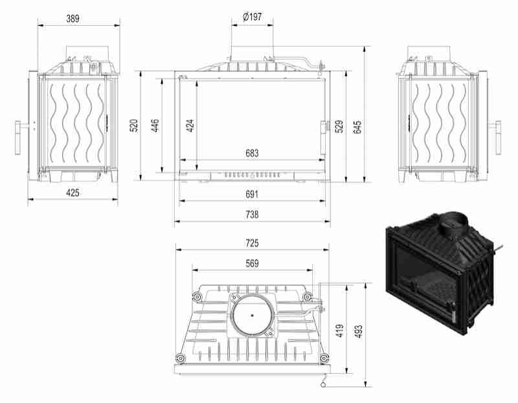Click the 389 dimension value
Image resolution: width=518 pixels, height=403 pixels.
tap(73, 18)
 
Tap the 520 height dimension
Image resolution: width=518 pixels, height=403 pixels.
tap(134, 125)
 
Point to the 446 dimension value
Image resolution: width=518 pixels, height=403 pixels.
tap(155, 125)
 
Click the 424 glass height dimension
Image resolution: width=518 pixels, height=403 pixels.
tap(190, 125)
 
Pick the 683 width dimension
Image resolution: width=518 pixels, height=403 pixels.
tap(253, 153)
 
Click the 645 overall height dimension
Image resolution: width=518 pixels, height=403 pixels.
tap(357, 125)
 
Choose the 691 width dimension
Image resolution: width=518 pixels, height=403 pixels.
tap(253, 194)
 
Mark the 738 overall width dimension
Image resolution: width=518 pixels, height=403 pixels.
tap(253, 215)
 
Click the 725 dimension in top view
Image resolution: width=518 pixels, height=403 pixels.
tap(253, 243)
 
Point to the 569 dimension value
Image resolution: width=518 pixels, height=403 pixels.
tap(253, 263)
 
